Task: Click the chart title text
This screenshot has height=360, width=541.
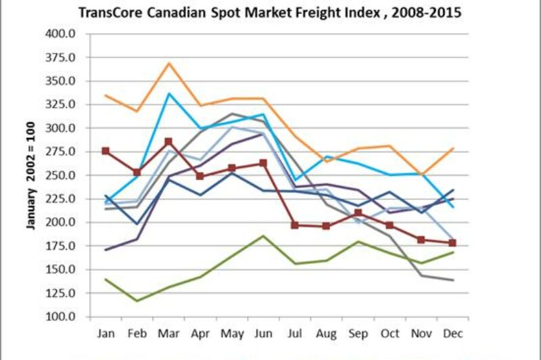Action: point(270,12)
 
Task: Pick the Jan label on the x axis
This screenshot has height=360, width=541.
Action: point(105,334)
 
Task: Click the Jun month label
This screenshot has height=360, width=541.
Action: point(264,334)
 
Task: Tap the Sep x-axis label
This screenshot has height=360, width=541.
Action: point(358,334)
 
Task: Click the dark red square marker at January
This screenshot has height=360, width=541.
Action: point(105,151)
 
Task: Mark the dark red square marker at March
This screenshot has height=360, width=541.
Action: point(169,142)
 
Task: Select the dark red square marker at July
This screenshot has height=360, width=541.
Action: point(295,225)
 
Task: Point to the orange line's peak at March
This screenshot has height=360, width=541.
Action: point(169,63)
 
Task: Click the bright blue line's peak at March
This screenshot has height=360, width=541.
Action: point(169,93)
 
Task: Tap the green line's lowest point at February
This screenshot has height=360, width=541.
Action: point(137,301)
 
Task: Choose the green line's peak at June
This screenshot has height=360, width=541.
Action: point(264,236)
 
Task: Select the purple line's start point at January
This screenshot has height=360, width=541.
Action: point(105,250)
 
